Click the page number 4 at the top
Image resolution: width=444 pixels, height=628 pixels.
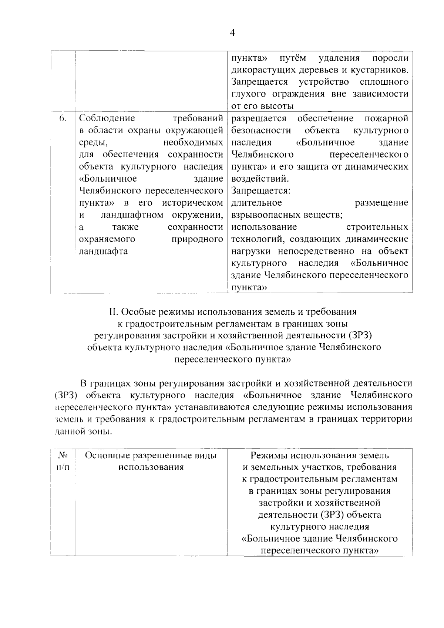tap(232, 33)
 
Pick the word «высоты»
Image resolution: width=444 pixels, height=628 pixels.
tap(278, 106)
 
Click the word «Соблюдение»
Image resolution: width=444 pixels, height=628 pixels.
tap(107, 118)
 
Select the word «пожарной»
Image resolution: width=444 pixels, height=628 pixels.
tap(386, 118)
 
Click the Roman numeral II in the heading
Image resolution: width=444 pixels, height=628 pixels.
tap(113, 312)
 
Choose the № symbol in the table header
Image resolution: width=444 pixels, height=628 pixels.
tap(63, 455)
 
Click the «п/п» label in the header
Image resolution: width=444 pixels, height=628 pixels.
tap(63, 467)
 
